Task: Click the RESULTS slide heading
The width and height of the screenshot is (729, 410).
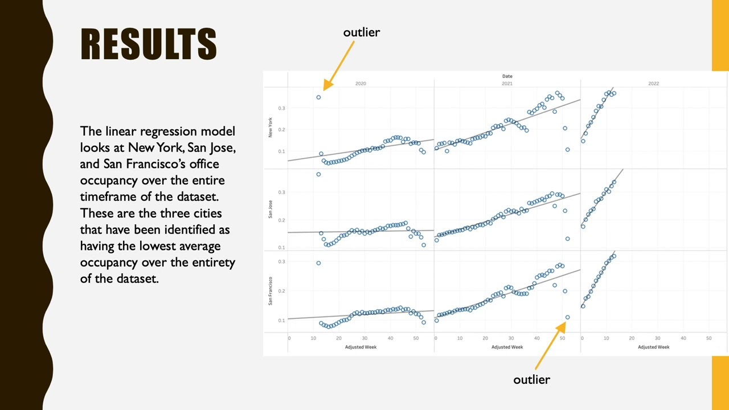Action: pos(149,44)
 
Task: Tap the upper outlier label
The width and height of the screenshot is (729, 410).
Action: pos(361,32)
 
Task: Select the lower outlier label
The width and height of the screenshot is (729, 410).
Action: pos(531,380)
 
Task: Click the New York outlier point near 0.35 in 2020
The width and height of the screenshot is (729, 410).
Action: pos(318,97)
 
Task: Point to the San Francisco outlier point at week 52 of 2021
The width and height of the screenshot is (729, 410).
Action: pos(567,317)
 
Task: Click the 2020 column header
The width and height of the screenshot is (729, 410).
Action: pos(361,84)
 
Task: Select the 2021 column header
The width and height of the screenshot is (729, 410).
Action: pos(507,84)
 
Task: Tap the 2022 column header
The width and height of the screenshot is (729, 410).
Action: pos(653,84)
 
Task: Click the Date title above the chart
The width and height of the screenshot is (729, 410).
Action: pos(507,76)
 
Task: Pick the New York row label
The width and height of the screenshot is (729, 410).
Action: pos(271,127)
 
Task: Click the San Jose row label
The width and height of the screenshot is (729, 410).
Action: pos(271,210)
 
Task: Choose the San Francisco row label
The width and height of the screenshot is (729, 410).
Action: pos(271,291)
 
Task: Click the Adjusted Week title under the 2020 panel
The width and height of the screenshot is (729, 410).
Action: pos(361,347)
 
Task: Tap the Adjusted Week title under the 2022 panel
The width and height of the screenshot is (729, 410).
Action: pos(653,347)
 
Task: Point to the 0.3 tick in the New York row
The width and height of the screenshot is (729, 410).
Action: pos(281,108)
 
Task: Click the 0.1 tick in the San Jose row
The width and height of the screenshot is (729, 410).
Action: pos(281,248)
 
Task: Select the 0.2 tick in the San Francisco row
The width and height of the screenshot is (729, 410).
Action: pos(281,291)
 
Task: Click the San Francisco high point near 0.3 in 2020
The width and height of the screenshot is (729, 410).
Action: pos(318,263)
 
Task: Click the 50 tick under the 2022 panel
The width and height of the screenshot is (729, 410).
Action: pos(708,338)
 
